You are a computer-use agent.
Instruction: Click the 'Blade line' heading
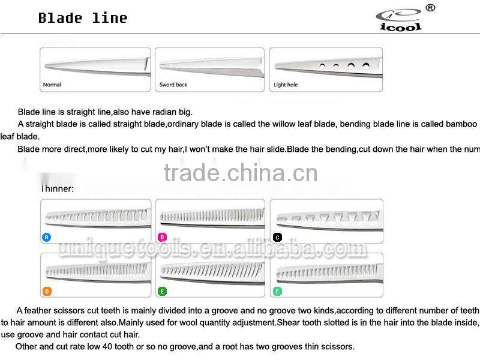click(x=83, y=18)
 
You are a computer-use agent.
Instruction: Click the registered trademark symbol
click(x=430, y=8)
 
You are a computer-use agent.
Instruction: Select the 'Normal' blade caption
click(x=52, y=85)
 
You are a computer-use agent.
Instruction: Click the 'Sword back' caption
click(x=173, y=85)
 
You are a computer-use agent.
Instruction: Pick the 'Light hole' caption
click(x=286, y=85)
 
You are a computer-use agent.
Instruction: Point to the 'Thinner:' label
click(x=58, y=188)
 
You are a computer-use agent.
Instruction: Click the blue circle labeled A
click(x=47, y=237)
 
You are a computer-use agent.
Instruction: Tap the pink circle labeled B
click(x=162, y=237)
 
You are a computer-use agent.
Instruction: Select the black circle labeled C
click(x=277, y=237)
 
